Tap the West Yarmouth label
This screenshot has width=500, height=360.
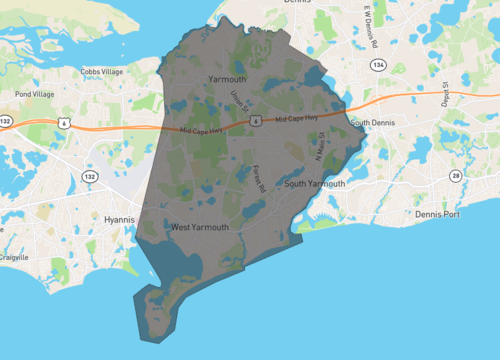(x=199, y=227)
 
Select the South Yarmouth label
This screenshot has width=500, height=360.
(x=315, y=184)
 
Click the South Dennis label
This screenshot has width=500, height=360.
(x=374, y=122)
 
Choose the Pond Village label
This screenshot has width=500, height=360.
(x=35, y=94)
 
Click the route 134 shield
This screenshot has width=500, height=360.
(x=377, y=64)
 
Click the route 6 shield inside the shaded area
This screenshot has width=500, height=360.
(x=257, y=120)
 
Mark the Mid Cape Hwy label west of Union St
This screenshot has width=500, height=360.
(x=204, y=130)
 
